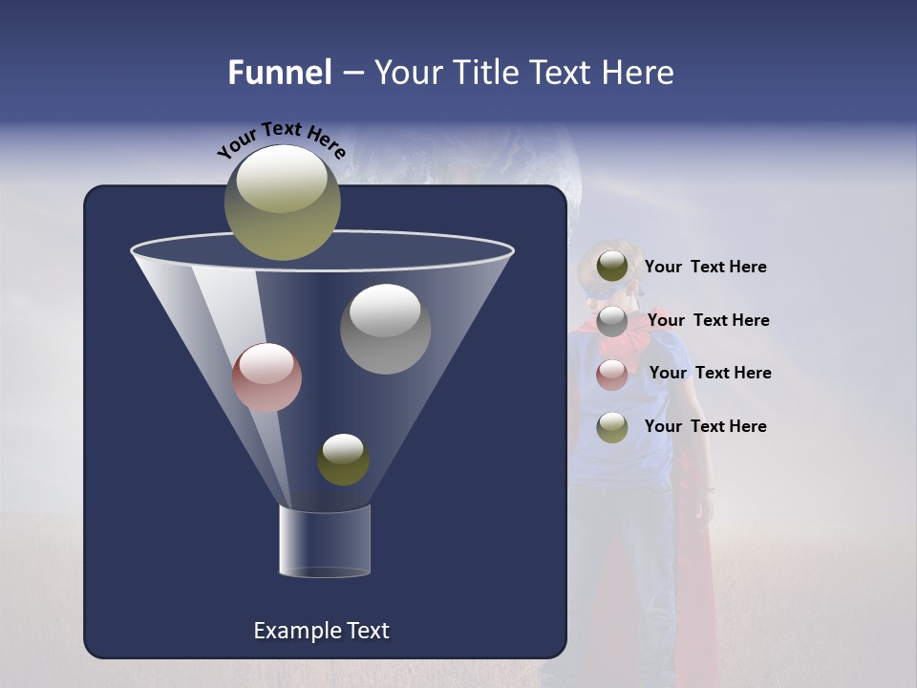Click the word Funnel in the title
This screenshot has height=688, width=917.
pyautogui.click(x=279, y=73)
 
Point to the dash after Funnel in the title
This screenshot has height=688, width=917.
pyautogui.click(x=352, y=74)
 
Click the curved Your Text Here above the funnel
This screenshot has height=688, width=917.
pyautogui.click(x=281, y=138)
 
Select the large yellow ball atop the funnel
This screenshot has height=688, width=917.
pyautogui.click(x=282, y=202)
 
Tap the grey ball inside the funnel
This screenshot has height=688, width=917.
pyautogui.click(x=385, y=328)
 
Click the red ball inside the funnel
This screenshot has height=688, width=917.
pyautogui.click(x=267, y=376)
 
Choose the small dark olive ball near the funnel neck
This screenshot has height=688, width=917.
pyautogui.click(x=343, y=459)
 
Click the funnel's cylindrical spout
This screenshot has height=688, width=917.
pyautogui.click(x=324, y=541)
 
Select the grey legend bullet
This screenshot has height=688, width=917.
pyautogui.click(x=611, y=322)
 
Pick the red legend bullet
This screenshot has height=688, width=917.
pyautogui.click(x=611, y=375)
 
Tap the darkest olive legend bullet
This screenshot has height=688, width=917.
pyautogui.click(x=611, y=267)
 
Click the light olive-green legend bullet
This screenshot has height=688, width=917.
pyautogui.click(x=611, y=427)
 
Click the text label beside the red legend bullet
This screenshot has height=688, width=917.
pyautogui.click(x=710, y=373)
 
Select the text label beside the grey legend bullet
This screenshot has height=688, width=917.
pyautogui.click(x=708, y=320)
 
